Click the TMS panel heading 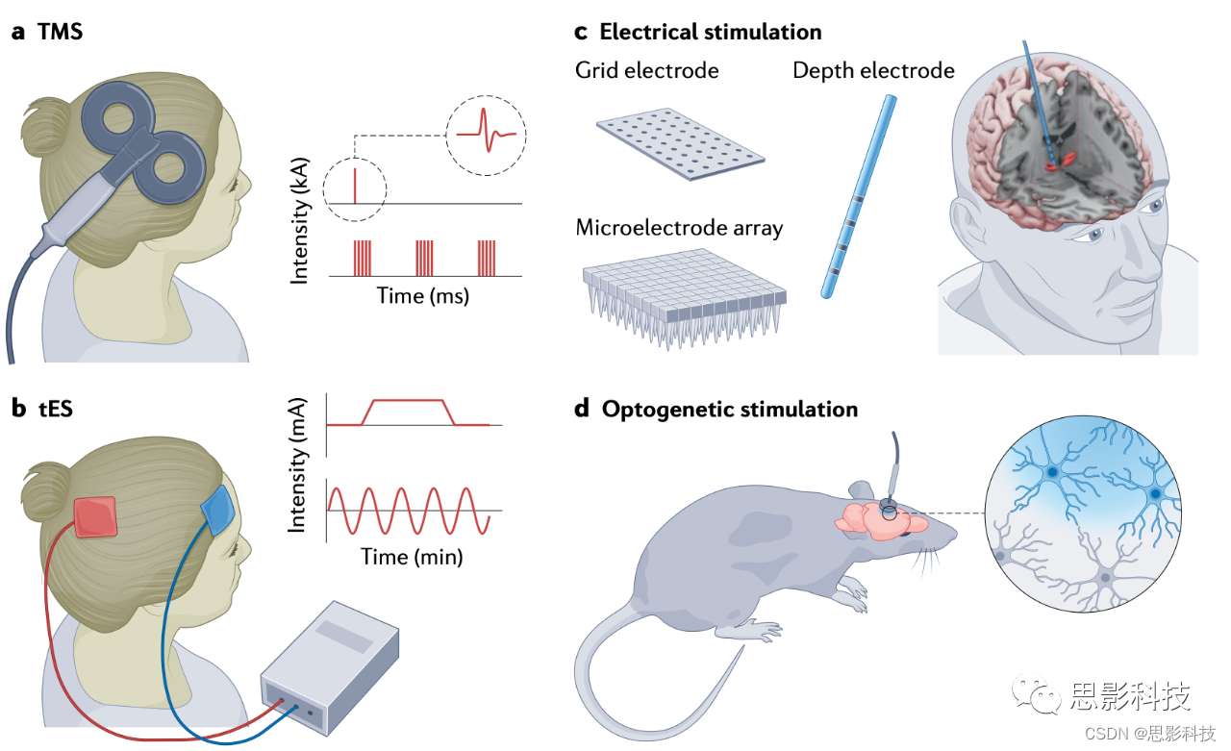[x=60, y=31]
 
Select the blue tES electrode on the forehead [x=216, y=512]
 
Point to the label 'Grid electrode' [x=646, y=70]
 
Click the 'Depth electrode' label [x=873, y=70]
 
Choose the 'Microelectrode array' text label [x=679, y=228]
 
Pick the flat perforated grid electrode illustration [x=680, y=147]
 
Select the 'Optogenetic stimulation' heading [x=729, y=409]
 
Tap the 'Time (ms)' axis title [x=423, y=296]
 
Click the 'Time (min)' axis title [x=412, y=556]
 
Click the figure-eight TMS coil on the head [x=145, y=135]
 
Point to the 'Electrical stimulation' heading [x=710, y=32]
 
